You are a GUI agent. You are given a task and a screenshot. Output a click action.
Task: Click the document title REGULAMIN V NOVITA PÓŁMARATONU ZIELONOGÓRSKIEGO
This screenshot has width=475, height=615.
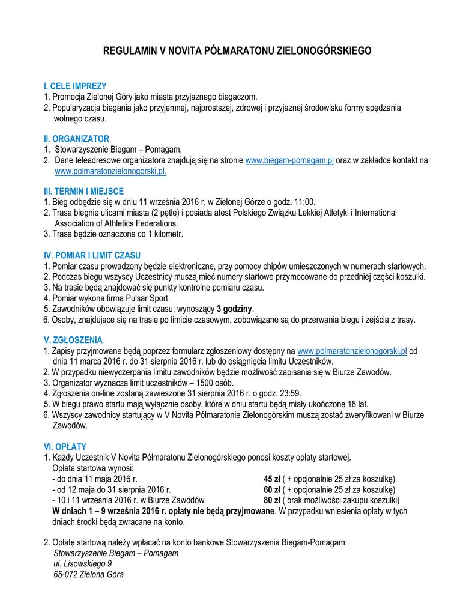[237, 51]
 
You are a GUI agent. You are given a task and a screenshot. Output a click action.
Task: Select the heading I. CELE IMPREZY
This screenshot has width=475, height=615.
[75, 86]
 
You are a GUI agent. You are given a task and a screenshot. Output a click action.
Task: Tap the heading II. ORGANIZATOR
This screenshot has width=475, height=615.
[76, 139]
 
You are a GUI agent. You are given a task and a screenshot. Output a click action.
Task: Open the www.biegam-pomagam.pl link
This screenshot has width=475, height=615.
[289, 160]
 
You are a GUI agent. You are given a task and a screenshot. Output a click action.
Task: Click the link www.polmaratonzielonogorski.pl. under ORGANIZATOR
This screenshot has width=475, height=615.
[110, 171]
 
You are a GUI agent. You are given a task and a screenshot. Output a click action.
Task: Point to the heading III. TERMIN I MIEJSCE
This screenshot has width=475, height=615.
[83, 192]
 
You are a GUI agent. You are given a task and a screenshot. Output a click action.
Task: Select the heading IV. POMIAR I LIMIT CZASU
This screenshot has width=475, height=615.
[92, 255]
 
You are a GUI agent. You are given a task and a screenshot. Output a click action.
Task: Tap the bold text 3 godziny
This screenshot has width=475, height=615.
[235, 309]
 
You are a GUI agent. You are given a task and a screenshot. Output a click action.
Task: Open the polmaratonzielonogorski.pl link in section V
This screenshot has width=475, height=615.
[352, 351]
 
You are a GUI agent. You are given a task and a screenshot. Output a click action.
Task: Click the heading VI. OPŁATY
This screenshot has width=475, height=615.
[65, 447]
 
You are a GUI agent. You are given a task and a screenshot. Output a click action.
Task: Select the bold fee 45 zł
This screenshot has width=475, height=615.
[272, 479]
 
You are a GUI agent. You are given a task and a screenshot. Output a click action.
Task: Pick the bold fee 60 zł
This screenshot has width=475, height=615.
[272, 490]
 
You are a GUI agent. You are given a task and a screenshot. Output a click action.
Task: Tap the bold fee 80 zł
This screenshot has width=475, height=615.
[272, 500]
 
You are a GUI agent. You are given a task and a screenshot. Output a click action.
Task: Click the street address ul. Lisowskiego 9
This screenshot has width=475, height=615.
[83, 564]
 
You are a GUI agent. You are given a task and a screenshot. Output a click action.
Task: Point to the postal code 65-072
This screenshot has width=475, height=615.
[66, 575]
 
